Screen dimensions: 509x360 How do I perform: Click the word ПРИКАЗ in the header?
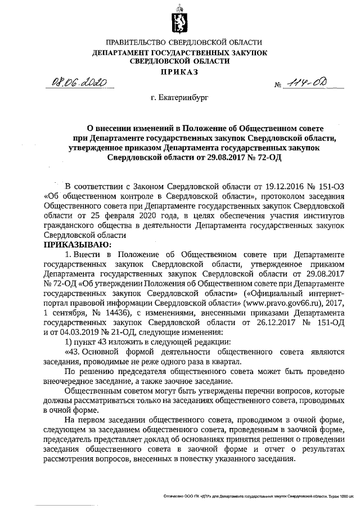coord(179,71)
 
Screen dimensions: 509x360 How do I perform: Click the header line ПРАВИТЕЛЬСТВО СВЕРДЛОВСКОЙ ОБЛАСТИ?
coord(179,43)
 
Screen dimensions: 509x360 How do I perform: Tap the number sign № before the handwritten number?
coord(278,86)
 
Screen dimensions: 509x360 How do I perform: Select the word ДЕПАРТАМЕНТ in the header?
coord(127,52)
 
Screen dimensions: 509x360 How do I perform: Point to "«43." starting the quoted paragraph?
coord(74,352)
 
